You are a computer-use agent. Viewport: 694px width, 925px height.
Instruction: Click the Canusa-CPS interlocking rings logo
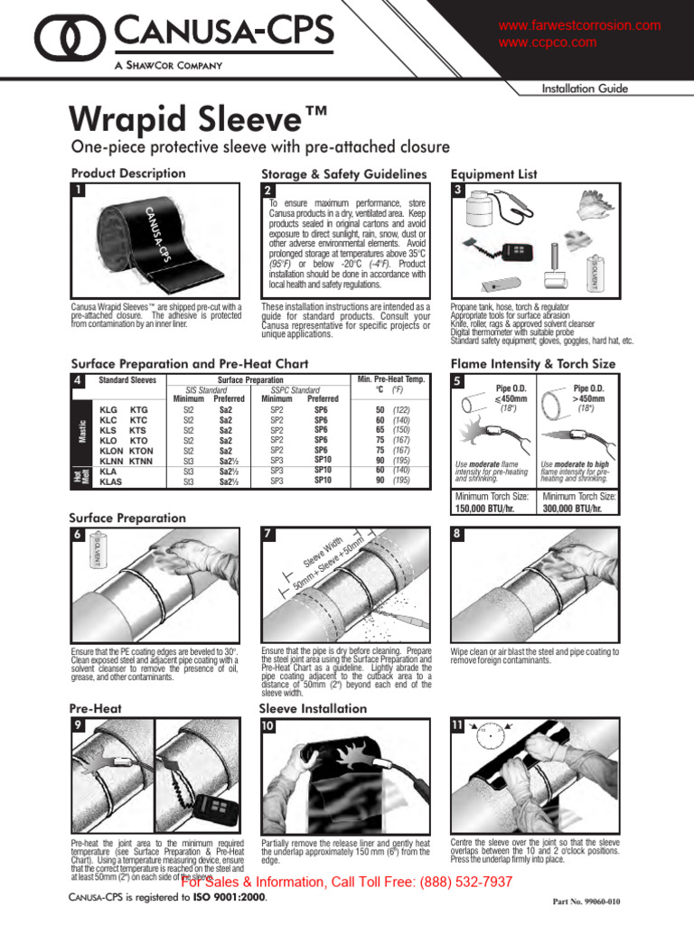(x=63, y=41)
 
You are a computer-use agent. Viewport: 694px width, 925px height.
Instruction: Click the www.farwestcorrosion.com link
(x=579, y=26)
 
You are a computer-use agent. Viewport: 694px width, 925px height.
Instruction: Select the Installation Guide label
(x=584, y=89)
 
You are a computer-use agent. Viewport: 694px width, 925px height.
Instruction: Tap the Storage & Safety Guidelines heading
(x=343, y=173)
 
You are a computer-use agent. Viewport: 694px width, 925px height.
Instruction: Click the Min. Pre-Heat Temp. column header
(x=391, y=380)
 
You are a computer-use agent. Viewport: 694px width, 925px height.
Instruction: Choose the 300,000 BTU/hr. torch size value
(x=578, y=509)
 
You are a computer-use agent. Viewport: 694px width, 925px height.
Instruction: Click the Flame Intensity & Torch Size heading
(x=532, y=364)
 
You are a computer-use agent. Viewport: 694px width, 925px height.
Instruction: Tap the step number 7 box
(x=267, y=534)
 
